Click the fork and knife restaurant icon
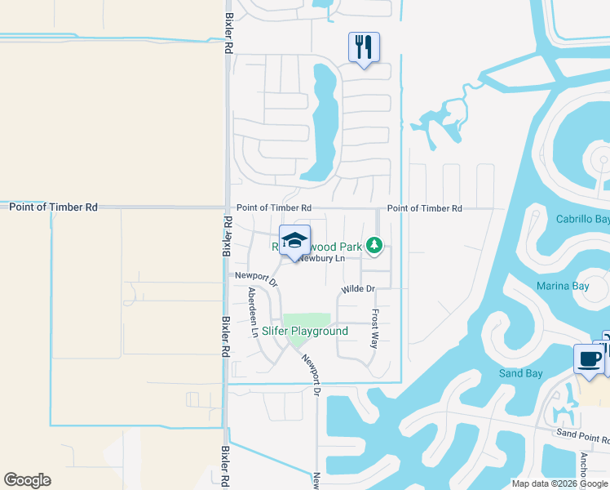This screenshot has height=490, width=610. tap(364, 47)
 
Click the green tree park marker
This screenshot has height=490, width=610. tap(374, 245)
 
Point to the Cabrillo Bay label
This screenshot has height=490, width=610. tap(582, 220)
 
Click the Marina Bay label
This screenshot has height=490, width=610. tap(563, 286)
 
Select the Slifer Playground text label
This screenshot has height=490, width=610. tap(305, 332)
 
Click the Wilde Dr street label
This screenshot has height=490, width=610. tap(358, 289)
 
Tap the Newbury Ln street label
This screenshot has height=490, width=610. tap(321, 259)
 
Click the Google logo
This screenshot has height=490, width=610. tap(27, 480)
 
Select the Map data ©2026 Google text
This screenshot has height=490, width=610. tap(559, 483)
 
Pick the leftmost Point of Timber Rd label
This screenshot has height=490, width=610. tap(53, 207)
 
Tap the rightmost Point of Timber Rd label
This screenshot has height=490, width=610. tap(424, 208)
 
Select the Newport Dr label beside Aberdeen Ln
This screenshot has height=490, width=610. tap(257, 279)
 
